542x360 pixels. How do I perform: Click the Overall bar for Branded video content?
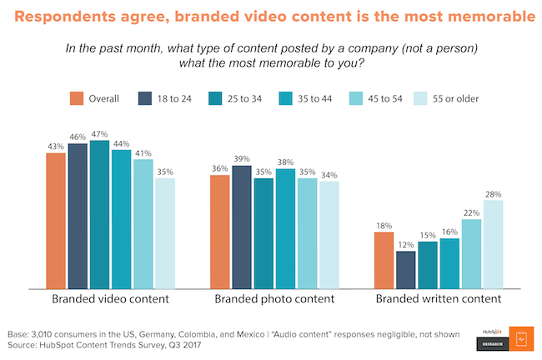tap(56, 221)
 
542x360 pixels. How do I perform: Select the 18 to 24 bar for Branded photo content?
tap(242, 227)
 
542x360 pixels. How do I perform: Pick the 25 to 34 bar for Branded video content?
tap(100, 215)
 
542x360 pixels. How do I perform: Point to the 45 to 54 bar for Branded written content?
tap(472, 253)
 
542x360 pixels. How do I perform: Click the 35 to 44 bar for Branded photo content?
tap(285, 228)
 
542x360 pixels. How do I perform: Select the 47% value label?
tap(100, 133)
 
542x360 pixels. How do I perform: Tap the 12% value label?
tap(406, 244)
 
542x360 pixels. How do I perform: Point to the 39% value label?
tap(242, 159)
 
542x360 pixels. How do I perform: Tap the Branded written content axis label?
tap(438, 298)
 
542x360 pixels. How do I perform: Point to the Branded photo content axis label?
tap(274, 298)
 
